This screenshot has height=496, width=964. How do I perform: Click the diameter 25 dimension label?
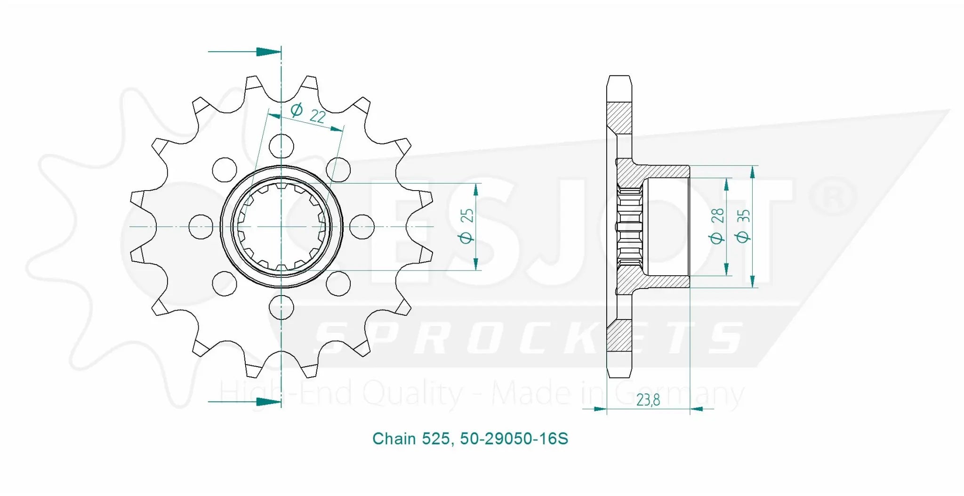[x=466, y=226]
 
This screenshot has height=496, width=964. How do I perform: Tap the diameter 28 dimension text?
[x=717, y=226]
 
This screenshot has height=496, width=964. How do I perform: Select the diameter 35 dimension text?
[x=743, y=226]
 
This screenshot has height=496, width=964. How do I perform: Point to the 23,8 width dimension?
[x=648, y=400]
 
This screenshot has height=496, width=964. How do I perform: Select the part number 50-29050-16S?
[x=514, y=439]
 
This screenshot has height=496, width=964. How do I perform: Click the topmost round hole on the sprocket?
[x=281, y=146]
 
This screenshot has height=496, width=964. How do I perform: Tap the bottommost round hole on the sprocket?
[x=281, y=307]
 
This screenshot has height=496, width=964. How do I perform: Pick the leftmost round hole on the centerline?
[x=201, y=226]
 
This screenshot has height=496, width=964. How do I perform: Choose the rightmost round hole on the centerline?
[x=362, y=226]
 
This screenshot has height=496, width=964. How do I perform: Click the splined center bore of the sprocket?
[x=281, y=226]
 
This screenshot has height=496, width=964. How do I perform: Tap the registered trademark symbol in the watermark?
[x=831, y=198]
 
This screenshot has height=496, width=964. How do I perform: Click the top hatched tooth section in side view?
[x=619, y=118]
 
